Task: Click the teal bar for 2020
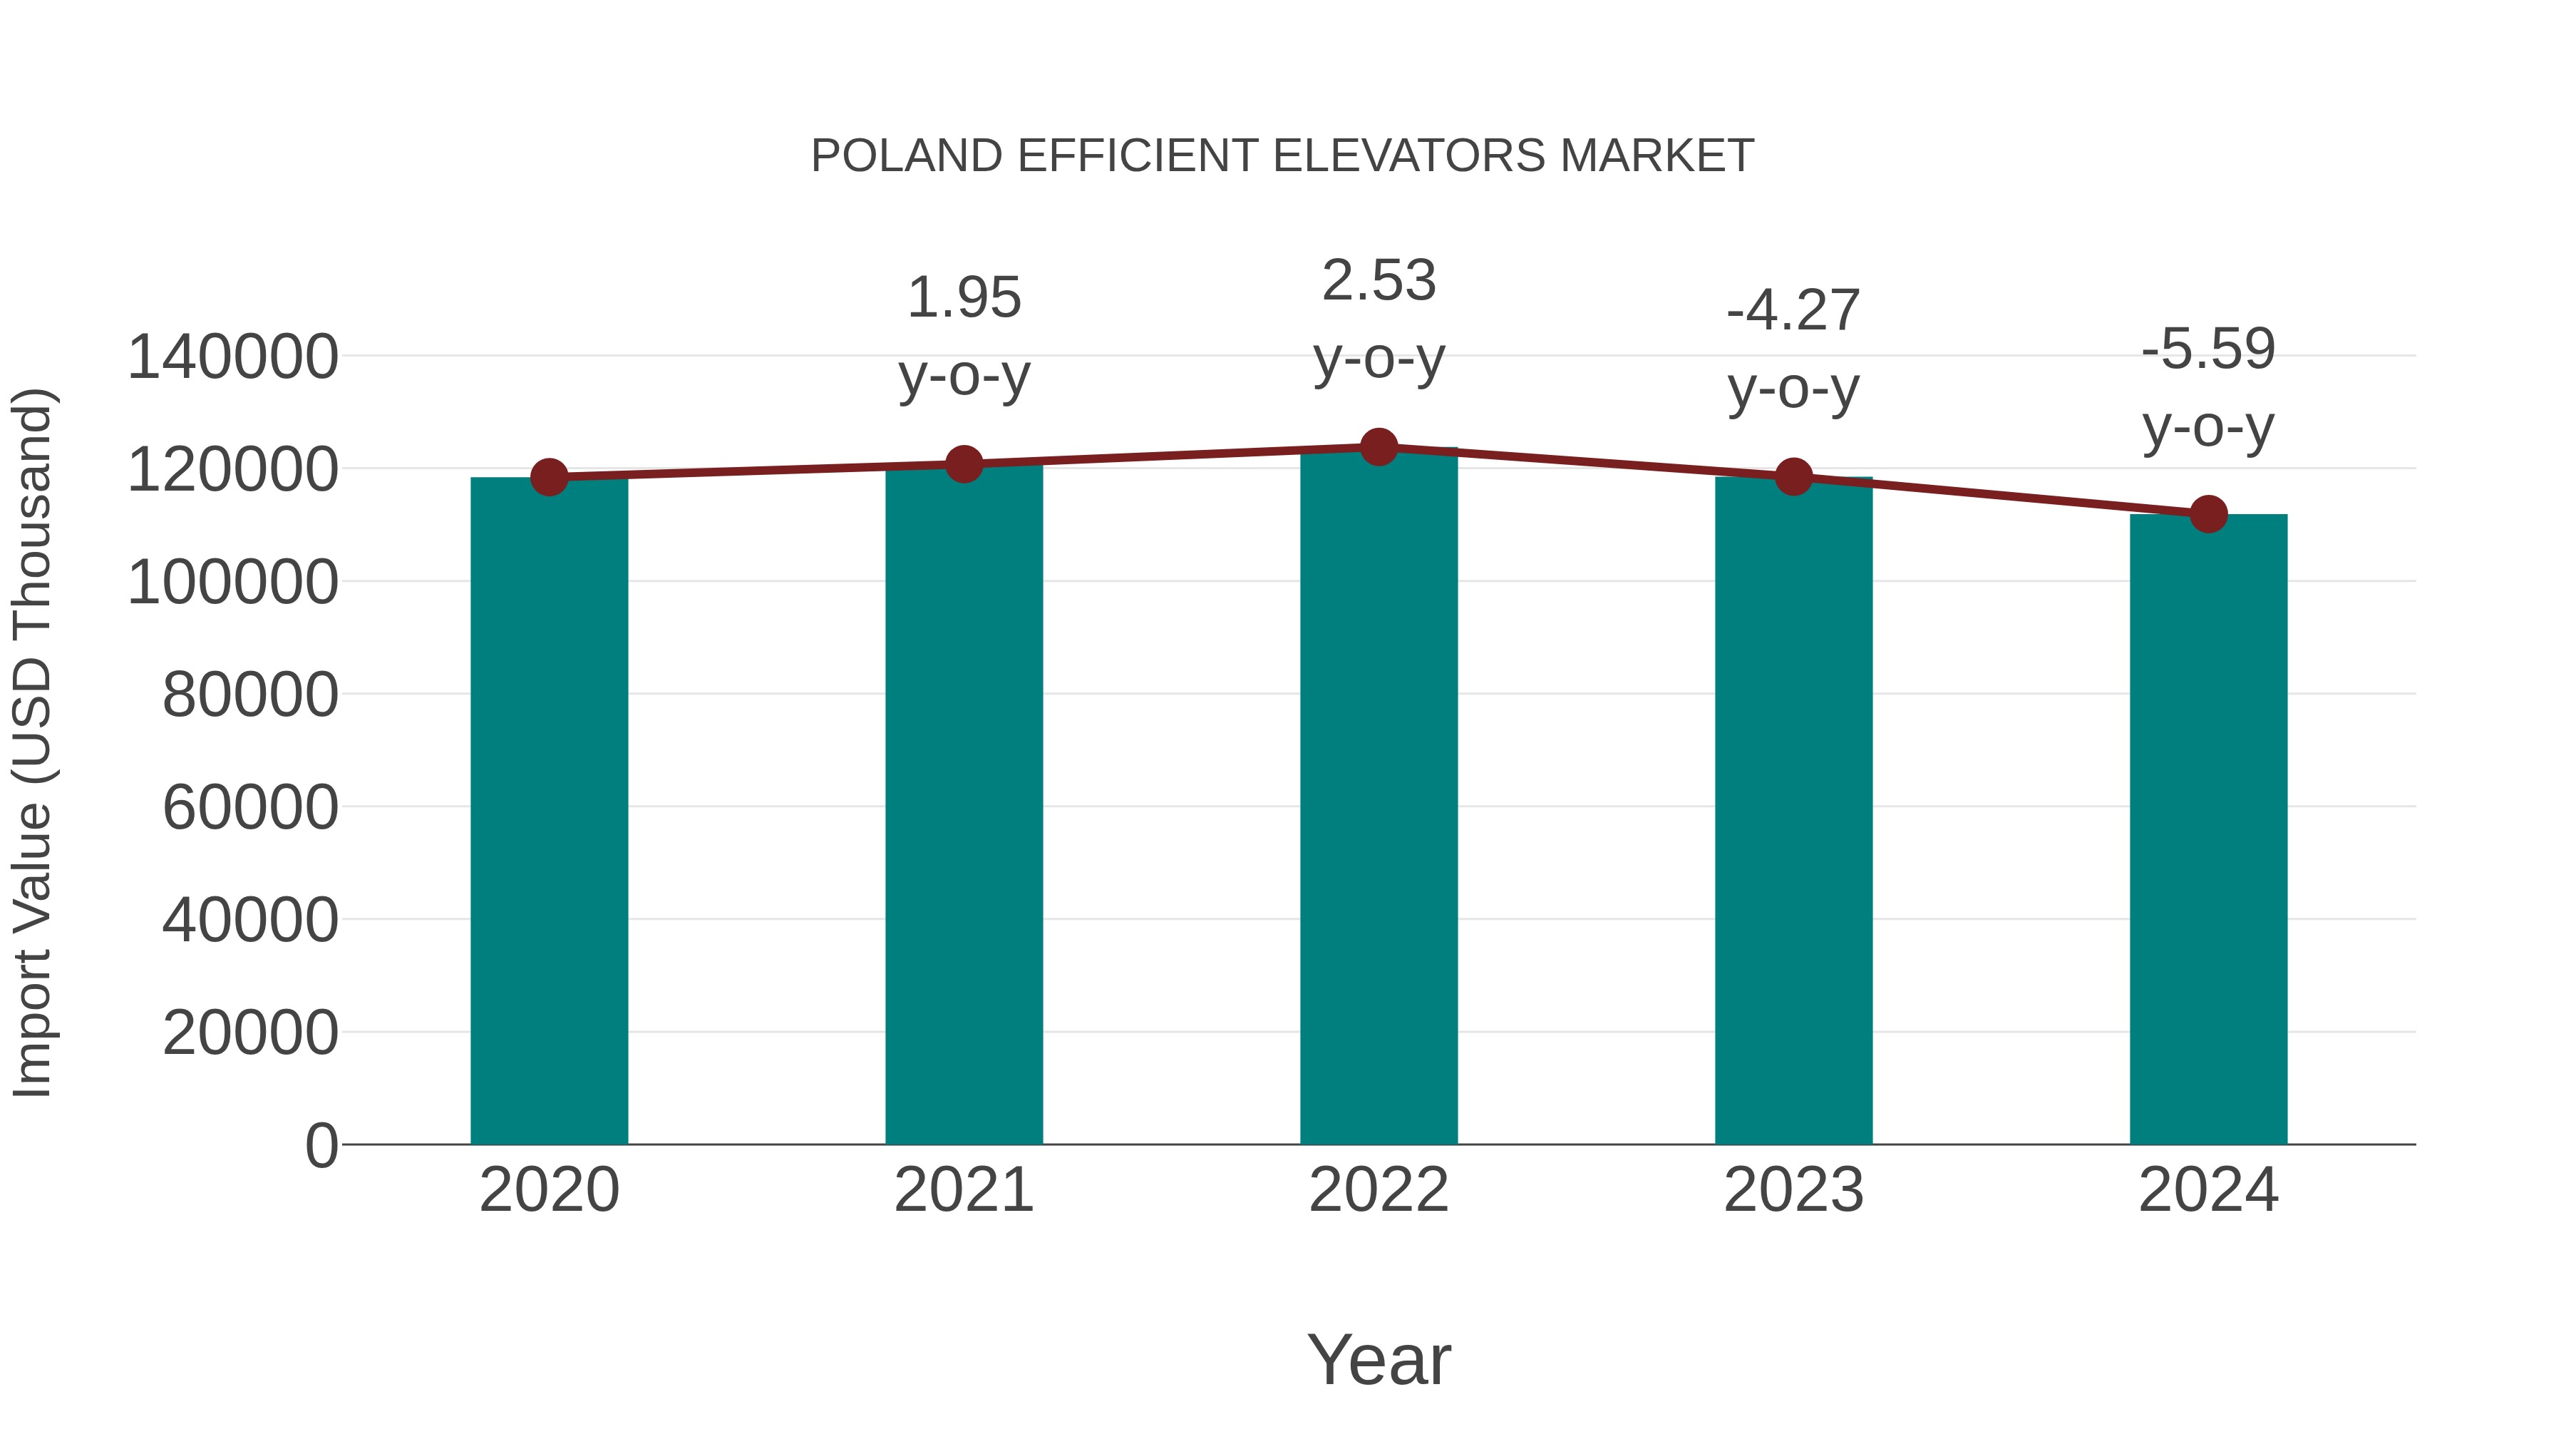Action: coord(549,812)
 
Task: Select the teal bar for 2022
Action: coord(1379,797)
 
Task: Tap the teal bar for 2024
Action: coord(2208,830)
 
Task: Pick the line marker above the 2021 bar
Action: coord(963,464)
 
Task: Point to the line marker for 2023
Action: coord(1793,477)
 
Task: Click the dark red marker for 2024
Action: coord(2208,514)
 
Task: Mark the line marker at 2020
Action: coord(549,477)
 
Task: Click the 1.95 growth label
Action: coord(963,298)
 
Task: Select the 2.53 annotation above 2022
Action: coord(1379,281)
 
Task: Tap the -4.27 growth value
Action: coord(1793,311)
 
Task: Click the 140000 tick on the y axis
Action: coord(232,358)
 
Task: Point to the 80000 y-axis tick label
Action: coord(250,695)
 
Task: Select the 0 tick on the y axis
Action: coord(321,1146)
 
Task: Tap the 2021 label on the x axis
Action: coord(963,1191)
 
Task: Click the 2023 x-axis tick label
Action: coord(1793,1191)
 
